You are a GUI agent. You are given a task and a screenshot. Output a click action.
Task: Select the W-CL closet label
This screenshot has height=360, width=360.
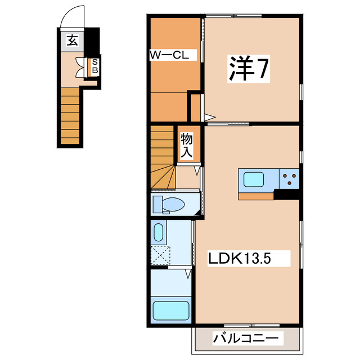click(x=172, y=55)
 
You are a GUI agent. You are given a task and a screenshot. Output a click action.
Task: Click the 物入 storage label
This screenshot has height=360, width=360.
click(x=186, y=146)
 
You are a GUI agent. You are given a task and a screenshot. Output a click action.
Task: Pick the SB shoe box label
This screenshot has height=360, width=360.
click(x=95, y=66)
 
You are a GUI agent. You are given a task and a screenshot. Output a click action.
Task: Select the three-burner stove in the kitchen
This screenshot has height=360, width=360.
click(x=290, y=178)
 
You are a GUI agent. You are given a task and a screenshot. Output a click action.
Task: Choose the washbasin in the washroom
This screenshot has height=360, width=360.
click(x=158, y=232)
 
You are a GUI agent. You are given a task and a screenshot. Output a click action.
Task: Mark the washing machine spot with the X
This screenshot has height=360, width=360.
click(x=160, y=256)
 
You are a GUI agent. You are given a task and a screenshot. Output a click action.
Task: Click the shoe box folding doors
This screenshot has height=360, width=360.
click(x=87, y=66)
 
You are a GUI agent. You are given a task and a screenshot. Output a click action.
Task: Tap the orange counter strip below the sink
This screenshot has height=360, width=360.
click(x=256, y=196)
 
